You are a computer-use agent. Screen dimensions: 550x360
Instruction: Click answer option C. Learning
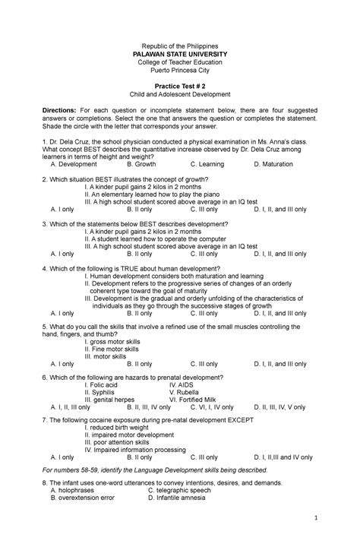(x=207, y=164)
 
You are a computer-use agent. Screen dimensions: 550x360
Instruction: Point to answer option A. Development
(x=74, y=164)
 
